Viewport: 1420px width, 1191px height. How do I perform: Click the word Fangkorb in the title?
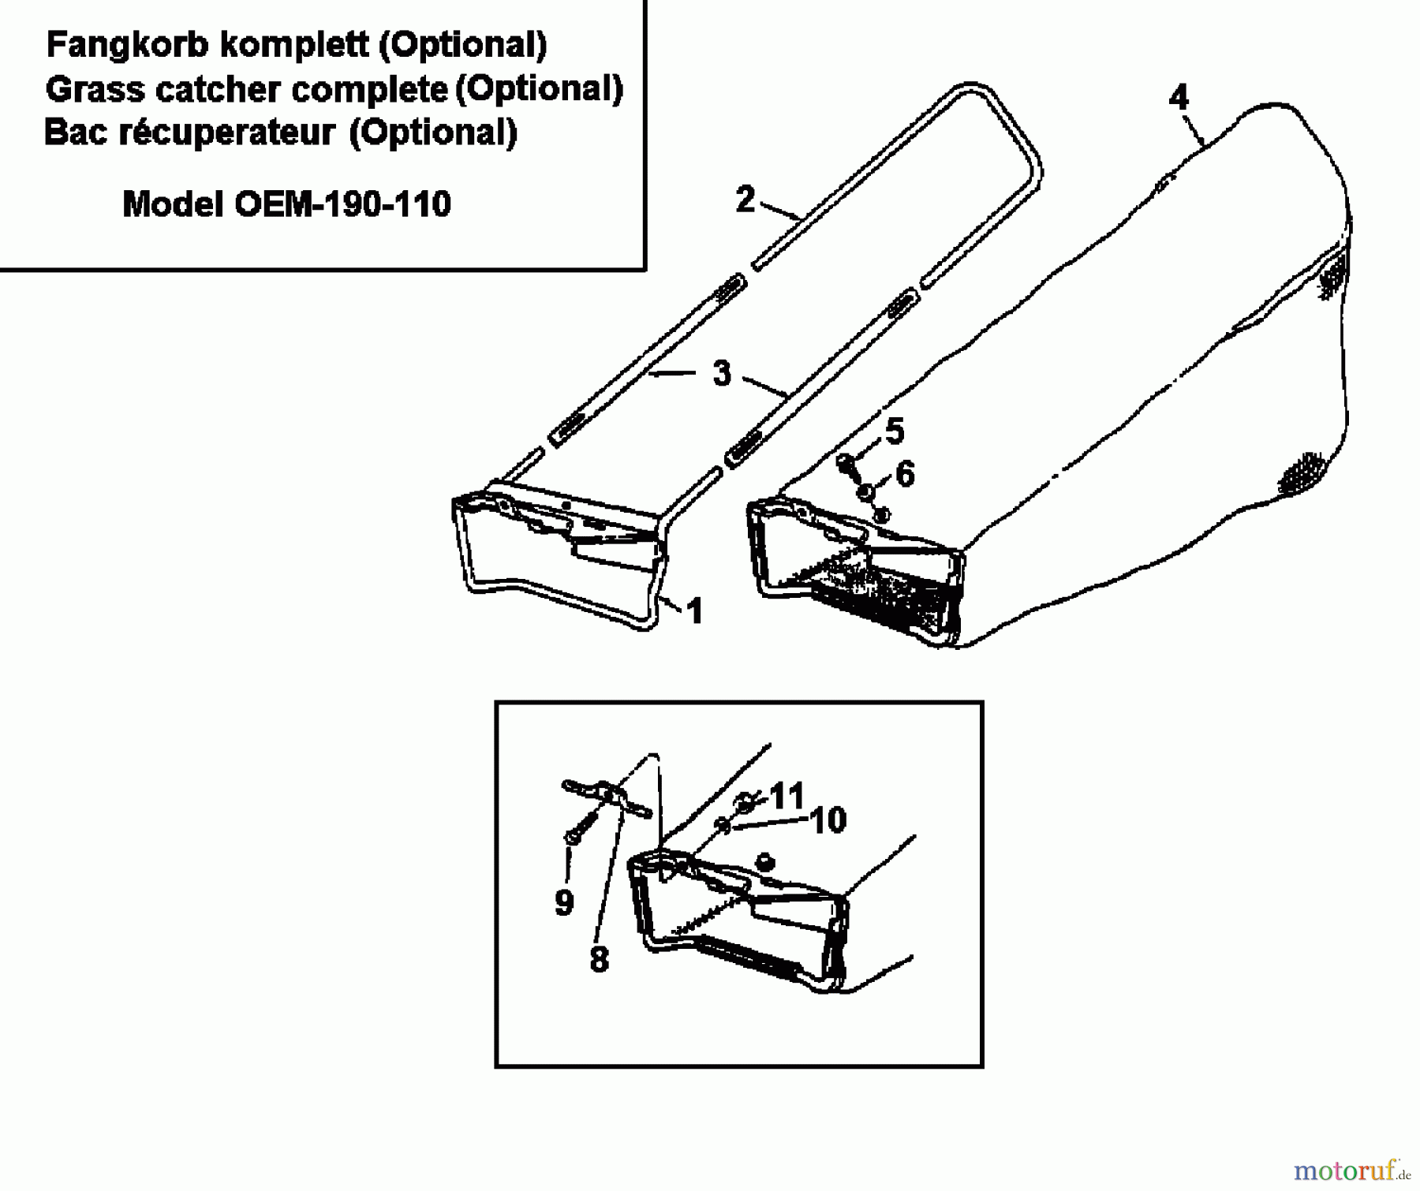[127, 45]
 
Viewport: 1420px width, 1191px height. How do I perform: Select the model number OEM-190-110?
[342, 205]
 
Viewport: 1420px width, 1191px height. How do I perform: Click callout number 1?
[694, 611]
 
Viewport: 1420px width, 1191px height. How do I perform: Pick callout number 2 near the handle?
[745, 199]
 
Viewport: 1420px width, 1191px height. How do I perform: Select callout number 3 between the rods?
[721, 373]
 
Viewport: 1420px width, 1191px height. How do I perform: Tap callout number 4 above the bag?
[1178, 98]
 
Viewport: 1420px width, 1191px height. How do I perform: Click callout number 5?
[894, 431]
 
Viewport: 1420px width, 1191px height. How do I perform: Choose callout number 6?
[905, 474]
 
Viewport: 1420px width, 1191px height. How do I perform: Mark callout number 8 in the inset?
[599, 960]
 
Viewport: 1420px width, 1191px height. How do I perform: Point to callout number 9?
[563, 902]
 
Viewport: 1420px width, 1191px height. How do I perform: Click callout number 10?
[828, 820]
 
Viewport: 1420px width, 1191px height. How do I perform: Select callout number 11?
[787, 795]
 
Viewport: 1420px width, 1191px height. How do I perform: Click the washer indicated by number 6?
[866, 492]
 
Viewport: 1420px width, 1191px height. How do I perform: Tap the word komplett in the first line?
[294, 45]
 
